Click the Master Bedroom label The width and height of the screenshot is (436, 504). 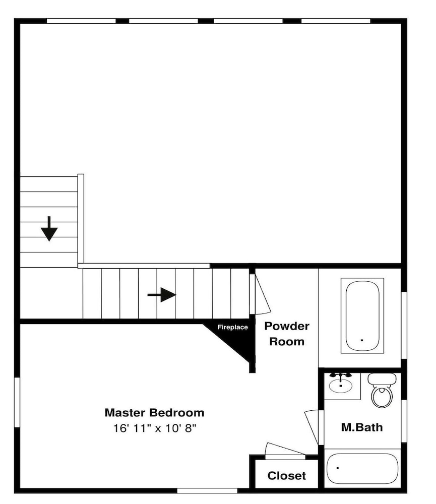pyautogui.click(x=154, y=413)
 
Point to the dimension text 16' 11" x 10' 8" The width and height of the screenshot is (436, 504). pyautogui.click(x=154, y=428)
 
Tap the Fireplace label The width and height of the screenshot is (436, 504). pyautogui.click(x=232, y=327)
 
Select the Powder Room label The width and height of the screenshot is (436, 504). pyautogui.click(x=287, y=334)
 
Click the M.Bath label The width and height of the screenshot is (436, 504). pyautogui.click(x=362, y=427)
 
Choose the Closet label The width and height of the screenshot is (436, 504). pyautogui.click(x=286, y=476)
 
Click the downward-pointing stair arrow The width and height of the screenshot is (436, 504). pyautogui.click(x=49, y=228)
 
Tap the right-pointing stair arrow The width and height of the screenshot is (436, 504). pyautogui.click(x=162, y=295)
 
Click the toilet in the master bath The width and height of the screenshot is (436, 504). pyautogui.click(x=382, y=390)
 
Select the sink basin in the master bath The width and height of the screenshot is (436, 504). pyautogui.click(x=341, y=386)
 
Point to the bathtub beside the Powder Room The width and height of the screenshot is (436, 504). pyautogui.click(x=362, y=316)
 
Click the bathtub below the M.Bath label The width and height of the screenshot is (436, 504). pyautogui.click(x=362, y=468)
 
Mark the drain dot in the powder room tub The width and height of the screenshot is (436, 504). pyautogui.click(x=362, y=340)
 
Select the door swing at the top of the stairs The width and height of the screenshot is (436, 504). pyautogui.click(x=262, y=294)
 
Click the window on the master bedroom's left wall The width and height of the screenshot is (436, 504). pyautogui.click(x=17, y=402)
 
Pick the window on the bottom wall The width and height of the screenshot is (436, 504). pyautogui.click(x=207, y=491)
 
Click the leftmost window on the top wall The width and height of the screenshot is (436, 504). pyautogui.click(x=81, y=21)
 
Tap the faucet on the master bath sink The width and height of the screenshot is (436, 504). pyautogui.click(x=341, y=375)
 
